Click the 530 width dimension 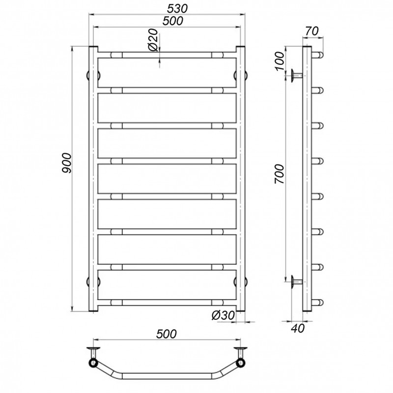tap(177, 8)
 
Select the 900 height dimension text tap(67, 163)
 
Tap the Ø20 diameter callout tap(153, 40)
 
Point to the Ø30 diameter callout tap(224, 315)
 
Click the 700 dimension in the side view tap(280, 174)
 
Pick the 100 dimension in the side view tap(280, 61)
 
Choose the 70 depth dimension tap(312, 31)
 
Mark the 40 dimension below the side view tap(298, 328)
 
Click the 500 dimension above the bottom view tap(167, 334)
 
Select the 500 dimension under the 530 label tap(173, 21)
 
